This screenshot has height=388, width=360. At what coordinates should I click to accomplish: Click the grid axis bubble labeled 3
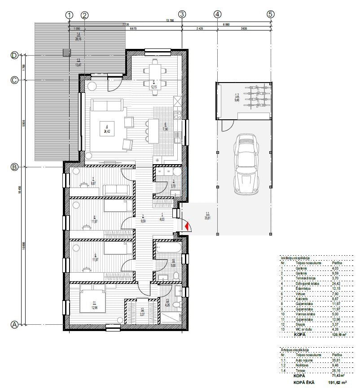pos(182,14)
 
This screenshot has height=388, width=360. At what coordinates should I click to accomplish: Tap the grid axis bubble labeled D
pos(14,56)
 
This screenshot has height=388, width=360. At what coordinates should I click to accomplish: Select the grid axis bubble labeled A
pos(14,324)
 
